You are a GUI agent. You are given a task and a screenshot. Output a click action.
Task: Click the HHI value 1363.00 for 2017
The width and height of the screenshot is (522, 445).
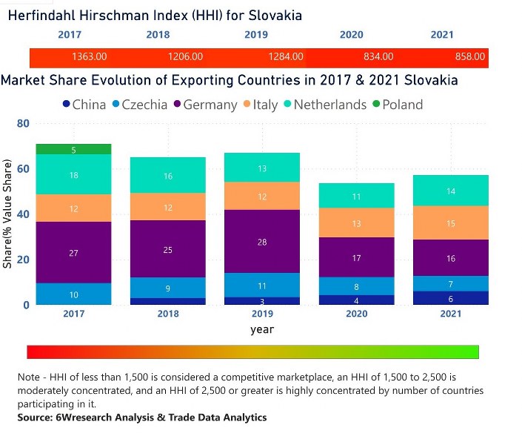[90, 56]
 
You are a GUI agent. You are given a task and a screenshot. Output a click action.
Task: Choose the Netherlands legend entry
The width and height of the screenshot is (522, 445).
[329, 105]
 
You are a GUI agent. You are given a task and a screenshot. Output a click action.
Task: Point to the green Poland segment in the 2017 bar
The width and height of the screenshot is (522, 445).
[73, 150]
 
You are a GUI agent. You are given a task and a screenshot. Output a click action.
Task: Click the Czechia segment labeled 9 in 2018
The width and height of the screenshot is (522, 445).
[168, 288]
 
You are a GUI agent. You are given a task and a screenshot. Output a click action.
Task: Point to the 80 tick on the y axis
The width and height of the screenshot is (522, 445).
[22, 123]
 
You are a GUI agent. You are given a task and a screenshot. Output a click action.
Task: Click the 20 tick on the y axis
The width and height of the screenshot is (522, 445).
[22, 260]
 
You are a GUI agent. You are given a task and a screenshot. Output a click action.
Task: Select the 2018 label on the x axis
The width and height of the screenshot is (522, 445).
[168, 314]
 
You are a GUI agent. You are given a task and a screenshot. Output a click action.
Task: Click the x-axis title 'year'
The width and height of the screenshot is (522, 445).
[262, 329]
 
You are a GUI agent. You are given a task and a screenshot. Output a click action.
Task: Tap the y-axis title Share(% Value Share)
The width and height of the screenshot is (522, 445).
[8, 215]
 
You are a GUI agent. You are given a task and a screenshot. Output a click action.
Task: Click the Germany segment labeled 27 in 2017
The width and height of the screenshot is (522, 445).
[73, 253]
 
